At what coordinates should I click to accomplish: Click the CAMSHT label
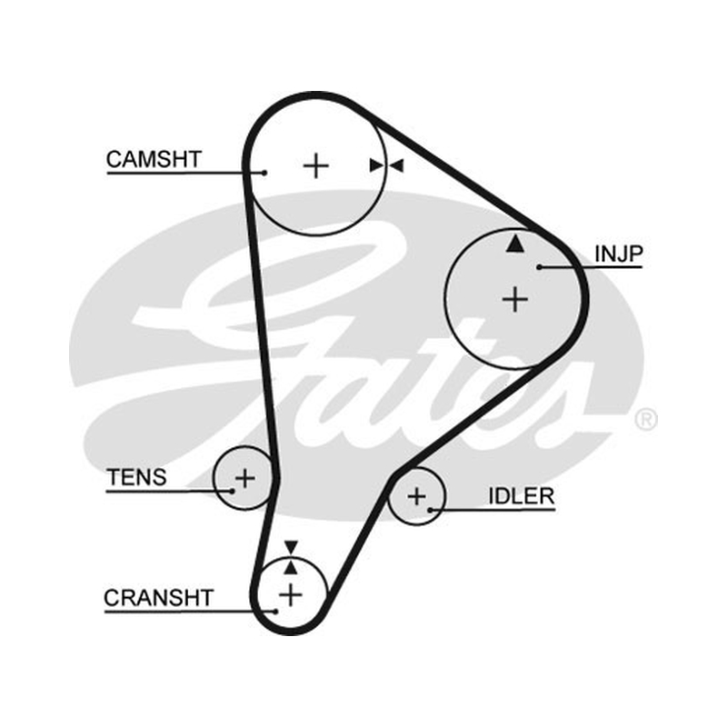(x=154, y=160)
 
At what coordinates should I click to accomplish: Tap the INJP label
(x=619, y=254)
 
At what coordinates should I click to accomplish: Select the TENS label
(x=136, y=478)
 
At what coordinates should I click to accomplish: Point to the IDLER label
(x=522, y=496)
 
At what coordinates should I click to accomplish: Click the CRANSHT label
(x=158, y=598)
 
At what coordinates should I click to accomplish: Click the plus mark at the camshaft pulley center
(x=315, y=165)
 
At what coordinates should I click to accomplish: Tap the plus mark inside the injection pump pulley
(x=515, y=299)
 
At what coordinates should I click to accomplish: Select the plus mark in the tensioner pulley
(x=245, y=478)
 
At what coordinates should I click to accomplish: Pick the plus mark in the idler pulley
(x=416, y=496)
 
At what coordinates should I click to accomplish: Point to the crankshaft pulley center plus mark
(x=291, y=595)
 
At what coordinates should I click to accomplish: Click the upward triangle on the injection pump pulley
(x=514, y=244)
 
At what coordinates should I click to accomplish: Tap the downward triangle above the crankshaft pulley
(x=291, y=547)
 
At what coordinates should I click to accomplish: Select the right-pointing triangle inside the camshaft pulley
(x=376, y=165)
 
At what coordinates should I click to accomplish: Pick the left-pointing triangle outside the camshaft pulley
(x=397, y=165)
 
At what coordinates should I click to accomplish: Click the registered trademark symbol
(x=645, y=420)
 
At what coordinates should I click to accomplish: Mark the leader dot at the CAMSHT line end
(x=264, y=173)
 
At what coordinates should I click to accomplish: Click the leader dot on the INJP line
(x=539, y=267)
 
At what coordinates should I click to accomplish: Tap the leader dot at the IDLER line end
(x=430, y=510)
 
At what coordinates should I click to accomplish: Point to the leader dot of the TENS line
(x=233, y=491)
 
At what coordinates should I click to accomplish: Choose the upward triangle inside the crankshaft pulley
(x=291, y=567)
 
